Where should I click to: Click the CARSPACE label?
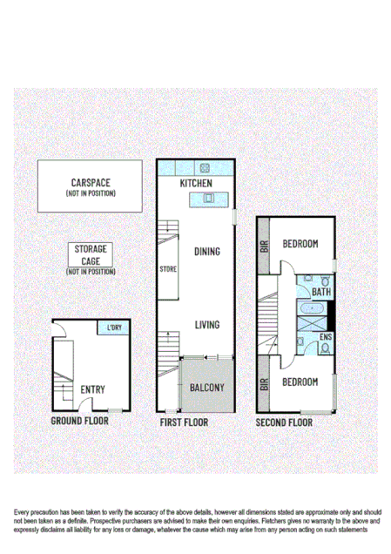pyautogui.click(x=91, y=184)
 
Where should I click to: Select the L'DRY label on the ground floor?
pyautogui.click(x=113, y=328)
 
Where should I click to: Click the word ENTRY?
pyautogui.click(x=93, y=389)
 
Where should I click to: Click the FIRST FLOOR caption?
pyautogui.click(x=183, y=422)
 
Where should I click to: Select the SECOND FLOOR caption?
pyautogui.click(x=284, y=422)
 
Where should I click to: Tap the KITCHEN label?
pyautogui.click(x=196, y=185)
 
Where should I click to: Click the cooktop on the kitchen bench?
pyautogui.click(x=206, y=169)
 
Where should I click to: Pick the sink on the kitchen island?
pyautogui.click(x=208, y=199)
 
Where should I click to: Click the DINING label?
pyautogui.click(x=206, y=252)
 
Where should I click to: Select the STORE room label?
pyautogui.click(x=168, y=269)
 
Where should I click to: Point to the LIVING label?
pyautogui.click(x=206, y=325)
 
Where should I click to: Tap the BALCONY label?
pyautogui.click(x=207, y=388)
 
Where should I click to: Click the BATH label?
pyautogui.click(x=321, y=293)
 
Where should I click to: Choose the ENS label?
pyautogui.click(x=326, y=336)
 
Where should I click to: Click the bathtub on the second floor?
pyautogui.click(x=308, y=309)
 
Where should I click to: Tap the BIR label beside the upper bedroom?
pyautogui.click(x=264, y=246)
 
